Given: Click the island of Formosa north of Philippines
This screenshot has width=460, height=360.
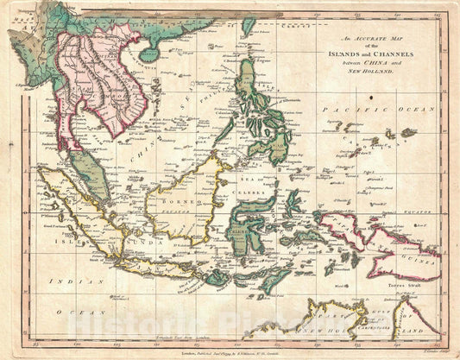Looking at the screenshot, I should click(249, 27).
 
